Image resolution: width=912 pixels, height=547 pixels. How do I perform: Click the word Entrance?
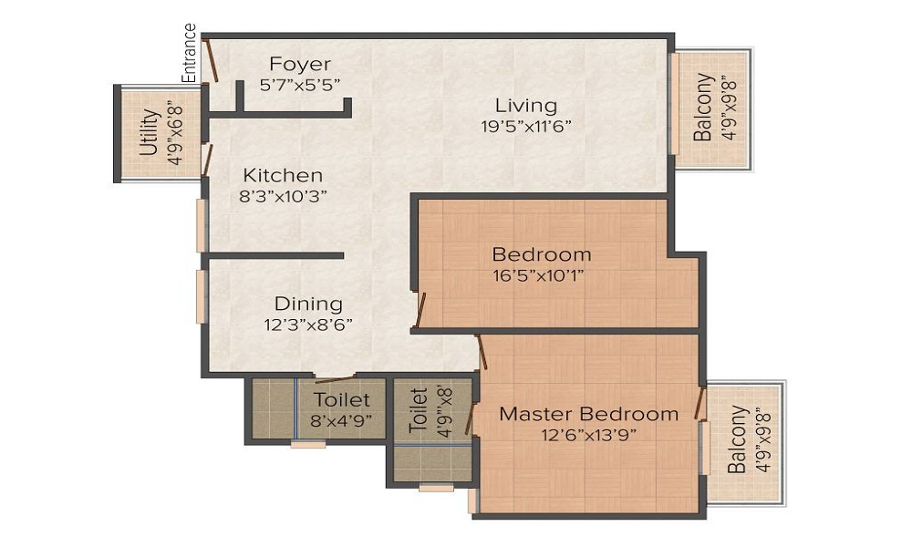[x=190, y=54]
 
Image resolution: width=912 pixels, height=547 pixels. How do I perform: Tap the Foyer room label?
[x=300, y=64]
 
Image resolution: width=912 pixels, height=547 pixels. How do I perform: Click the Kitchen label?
[x=283, y=175]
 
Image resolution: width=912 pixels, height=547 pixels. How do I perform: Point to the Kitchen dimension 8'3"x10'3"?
[x=284, y=195]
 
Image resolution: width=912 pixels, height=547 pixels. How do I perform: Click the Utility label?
[x=151, y=133]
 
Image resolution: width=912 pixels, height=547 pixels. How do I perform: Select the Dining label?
[x=308, y=304]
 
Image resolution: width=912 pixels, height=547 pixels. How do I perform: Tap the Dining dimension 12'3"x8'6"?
[x=308, y=324]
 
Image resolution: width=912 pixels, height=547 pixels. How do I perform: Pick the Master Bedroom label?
[x=588, y=414]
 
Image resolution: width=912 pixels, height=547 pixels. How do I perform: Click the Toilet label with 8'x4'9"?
[x=342, y=399]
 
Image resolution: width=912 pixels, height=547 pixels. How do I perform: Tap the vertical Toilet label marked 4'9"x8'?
[x=418, y=409]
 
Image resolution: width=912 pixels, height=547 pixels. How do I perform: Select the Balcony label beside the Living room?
[x=703, y=108]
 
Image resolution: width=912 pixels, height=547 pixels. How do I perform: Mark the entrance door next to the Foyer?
[x=211, y=60]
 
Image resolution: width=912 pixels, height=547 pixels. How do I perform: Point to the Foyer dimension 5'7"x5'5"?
[x=300, y=85]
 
